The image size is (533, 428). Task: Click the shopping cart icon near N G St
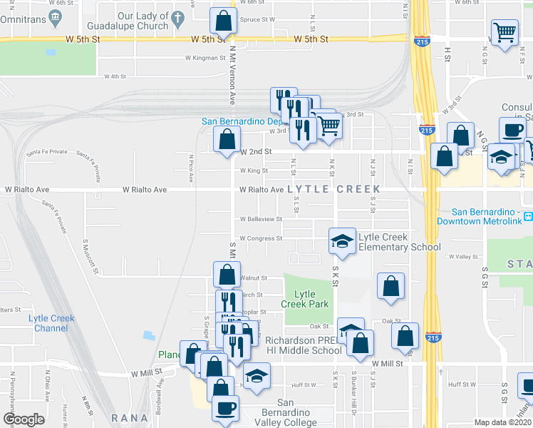[x=504, y=31]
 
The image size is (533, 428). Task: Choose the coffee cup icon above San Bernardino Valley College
[x=227, y=408]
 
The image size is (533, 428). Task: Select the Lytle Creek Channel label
[x=48, y=323]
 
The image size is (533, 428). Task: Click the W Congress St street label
[x=261, y=238]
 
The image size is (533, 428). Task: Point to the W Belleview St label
[x=261, y=219]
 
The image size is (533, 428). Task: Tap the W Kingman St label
[x=205, y=58]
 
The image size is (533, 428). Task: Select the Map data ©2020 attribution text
[x=502, y=422]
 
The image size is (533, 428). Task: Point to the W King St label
[x=254, y=171]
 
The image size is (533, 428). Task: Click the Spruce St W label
[x=257, y=20]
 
